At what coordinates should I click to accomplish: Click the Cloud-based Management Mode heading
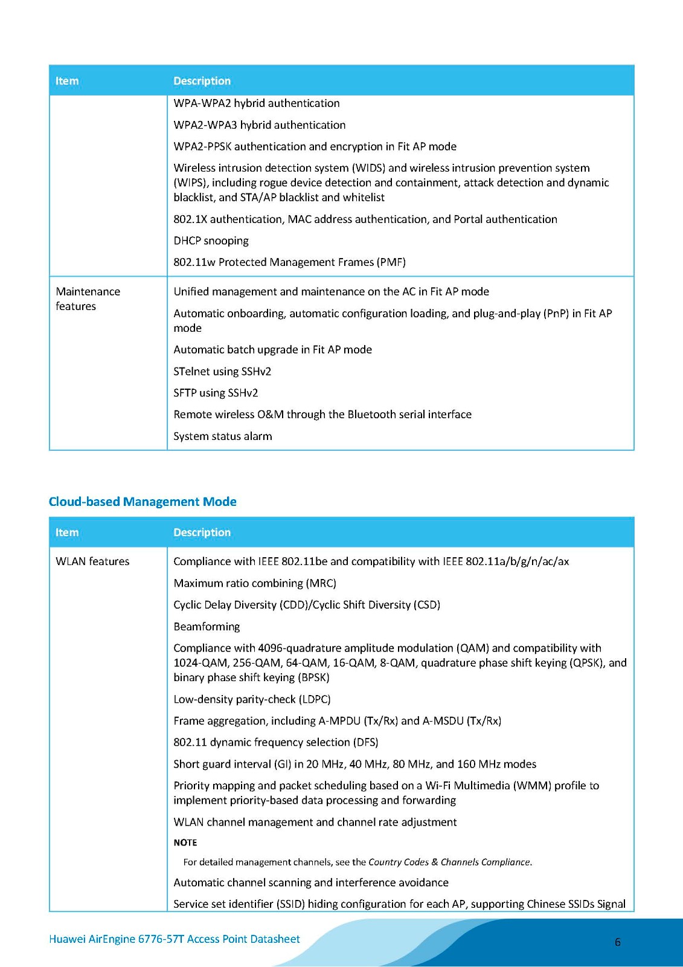(143, 502)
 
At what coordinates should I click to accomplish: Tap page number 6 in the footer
(617, 942)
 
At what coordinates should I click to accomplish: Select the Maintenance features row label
(88, 299)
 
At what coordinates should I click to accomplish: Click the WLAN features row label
(92, 561)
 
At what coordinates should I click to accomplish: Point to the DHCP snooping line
(211, 241)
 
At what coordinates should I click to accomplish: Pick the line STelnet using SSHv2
(222, 371)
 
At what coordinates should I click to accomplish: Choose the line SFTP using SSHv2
(216, 393)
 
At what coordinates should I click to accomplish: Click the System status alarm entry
(222, 436)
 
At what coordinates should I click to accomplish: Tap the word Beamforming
(207, 627)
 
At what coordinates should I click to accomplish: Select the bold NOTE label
(185, 842)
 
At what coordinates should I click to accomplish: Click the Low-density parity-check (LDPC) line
(252, 699)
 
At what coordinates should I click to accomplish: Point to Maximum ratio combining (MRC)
(255, 583)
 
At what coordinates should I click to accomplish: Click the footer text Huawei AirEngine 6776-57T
(174, 939)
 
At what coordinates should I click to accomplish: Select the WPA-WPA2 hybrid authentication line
(257, 103)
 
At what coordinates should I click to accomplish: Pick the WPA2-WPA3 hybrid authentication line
(260, 125)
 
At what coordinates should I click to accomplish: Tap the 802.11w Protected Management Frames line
(289, 262)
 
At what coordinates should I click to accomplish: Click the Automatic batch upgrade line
(272, 349)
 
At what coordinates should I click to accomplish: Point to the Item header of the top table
(67, 81)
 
